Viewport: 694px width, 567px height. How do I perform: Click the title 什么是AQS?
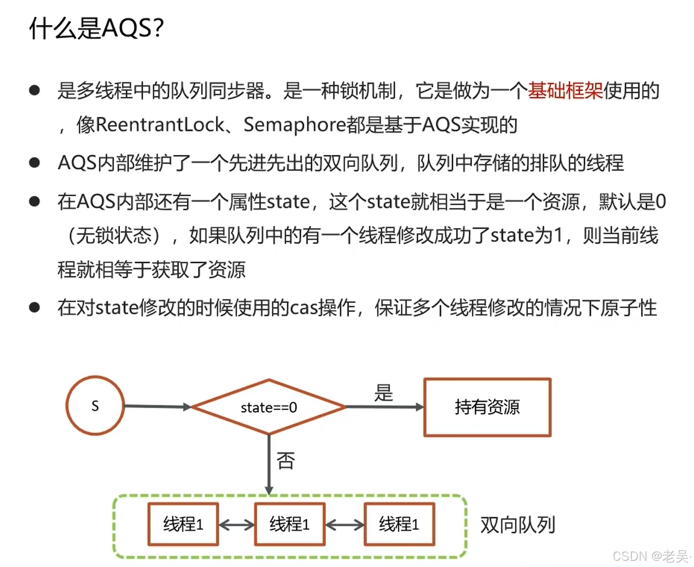click(x=96, y=28)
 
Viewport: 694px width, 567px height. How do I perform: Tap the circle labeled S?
click(x=95, y=406)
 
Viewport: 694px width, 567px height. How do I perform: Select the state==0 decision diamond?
click(x=268, y=407)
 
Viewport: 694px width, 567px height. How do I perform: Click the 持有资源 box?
click(x=487, y=407)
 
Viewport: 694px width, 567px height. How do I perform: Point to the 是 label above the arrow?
click(x=383, y=393)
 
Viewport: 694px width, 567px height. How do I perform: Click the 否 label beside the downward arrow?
click(x=286, y=461)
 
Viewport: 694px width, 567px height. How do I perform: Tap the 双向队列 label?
click(x=517, y=525)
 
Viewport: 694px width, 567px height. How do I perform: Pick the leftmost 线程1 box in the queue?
click(x=183, y=524)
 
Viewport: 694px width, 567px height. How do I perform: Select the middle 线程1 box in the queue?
click(x=289, y=524)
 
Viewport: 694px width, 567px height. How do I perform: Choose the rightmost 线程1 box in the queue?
click(x=399, y=524)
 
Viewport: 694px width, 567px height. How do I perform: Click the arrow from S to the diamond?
click(x=157, y=406)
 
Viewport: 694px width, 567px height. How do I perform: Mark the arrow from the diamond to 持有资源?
click(x=385, y=407)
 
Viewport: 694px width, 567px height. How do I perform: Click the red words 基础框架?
click(x=565, y=90)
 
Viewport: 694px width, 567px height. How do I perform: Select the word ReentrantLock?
click(x=160, y=125)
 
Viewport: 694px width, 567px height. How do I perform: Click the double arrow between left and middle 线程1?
click(x=236, y=525)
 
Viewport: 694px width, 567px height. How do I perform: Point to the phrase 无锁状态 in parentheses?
click(x=114, y=235)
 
